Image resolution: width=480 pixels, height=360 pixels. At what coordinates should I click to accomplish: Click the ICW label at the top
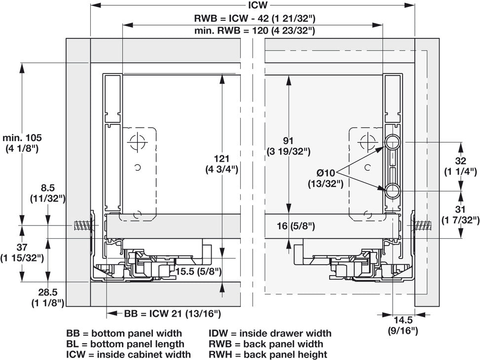click(x=258, y=5)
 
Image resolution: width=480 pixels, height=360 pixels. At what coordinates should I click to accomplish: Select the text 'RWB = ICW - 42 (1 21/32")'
click(x=255, y=18)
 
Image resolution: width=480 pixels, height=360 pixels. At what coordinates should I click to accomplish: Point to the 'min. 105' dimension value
click(x=22, y=138)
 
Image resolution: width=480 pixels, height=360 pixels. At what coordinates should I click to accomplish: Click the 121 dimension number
click(x=222, y=159)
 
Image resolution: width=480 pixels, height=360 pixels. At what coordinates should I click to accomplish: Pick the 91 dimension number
click(x=288, y=141)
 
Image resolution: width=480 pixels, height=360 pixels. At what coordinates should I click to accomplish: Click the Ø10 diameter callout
click(x=326, y=173)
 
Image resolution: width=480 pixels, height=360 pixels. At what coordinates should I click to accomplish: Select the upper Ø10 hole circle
click(x=392, y=142)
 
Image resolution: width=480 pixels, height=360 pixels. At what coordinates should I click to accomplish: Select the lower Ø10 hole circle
click(x=392, y=191)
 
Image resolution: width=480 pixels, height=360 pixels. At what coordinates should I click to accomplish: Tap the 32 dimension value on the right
click(x=461, y=161)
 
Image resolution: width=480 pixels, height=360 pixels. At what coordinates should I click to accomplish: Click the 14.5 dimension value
click(x=403, y=321)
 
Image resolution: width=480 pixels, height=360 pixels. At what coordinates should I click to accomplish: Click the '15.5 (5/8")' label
click(x=198, y=271)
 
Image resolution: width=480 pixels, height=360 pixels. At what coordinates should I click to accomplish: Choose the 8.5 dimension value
click(x=48, y=188)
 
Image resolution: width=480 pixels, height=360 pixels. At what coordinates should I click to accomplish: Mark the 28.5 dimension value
click(x=48, y=292)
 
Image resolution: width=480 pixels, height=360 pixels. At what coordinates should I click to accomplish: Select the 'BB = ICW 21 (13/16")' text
click(x=172, y=314)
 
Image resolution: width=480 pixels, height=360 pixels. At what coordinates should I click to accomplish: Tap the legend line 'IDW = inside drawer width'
click(x=270, y=333)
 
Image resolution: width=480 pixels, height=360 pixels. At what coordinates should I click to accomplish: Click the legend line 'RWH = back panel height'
click(x=268, y=355)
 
